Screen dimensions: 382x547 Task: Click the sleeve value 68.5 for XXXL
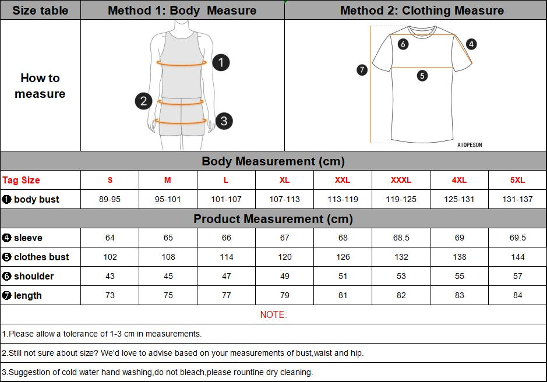401,238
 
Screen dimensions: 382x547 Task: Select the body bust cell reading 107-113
284,199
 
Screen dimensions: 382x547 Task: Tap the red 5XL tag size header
517,180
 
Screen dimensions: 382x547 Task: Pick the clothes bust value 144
517,257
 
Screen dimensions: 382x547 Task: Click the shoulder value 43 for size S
110,276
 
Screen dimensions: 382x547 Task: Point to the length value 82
401,295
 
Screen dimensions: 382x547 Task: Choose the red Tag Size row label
22,180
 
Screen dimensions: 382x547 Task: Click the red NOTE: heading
273,314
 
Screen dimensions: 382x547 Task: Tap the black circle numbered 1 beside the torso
221,62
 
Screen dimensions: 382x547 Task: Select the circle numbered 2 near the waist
144,101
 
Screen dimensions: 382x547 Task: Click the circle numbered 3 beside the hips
224,121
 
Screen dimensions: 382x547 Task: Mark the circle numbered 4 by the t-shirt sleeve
471,44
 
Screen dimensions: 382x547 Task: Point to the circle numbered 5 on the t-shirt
422,75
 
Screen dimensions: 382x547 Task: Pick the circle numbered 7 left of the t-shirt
362,70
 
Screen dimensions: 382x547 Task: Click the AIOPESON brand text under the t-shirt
470,145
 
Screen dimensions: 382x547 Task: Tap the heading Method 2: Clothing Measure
422,10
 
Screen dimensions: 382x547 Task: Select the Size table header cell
40,10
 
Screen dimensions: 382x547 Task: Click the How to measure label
40,86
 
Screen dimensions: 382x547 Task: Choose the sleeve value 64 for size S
110,238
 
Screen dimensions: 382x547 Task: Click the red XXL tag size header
343,180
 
